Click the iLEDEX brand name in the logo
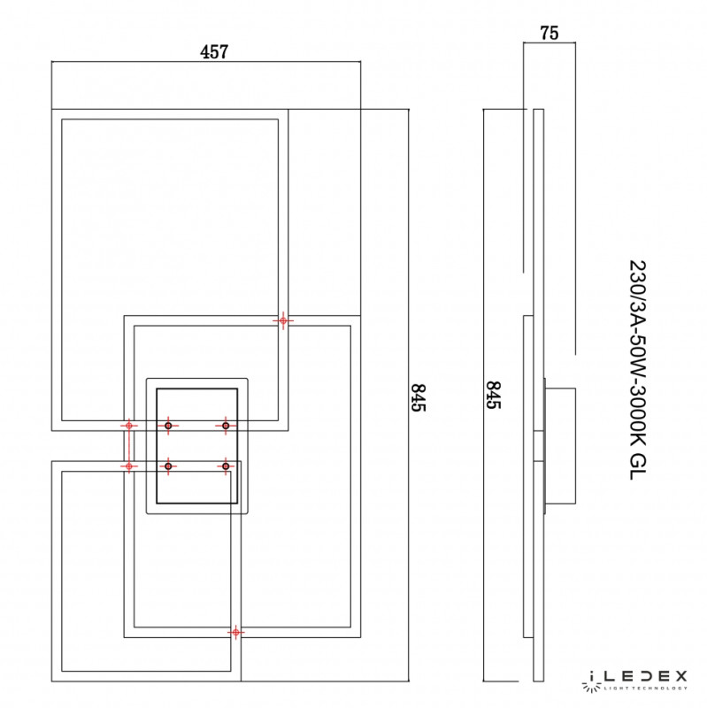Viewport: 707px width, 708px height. (647, 677)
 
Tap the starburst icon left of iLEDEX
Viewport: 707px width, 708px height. (591, 680)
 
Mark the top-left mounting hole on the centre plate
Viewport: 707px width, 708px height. (168, 426)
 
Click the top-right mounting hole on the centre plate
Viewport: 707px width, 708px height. (226, 426)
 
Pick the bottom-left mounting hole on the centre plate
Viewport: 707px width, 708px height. (168, 466)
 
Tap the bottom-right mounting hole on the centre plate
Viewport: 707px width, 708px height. (226, 466)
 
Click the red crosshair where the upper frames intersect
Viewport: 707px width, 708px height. (283, 320)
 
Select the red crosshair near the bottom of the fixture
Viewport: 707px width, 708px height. (235, 632)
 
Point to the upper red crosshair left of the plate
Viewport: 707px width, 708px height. (129, 426)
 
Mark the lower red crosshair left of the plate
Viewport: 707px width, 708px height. (129, 466)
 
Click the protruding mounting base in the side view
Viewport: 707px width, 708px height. (559, 448)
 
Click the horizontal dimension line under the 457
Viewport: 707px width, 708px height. (206, 63)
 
